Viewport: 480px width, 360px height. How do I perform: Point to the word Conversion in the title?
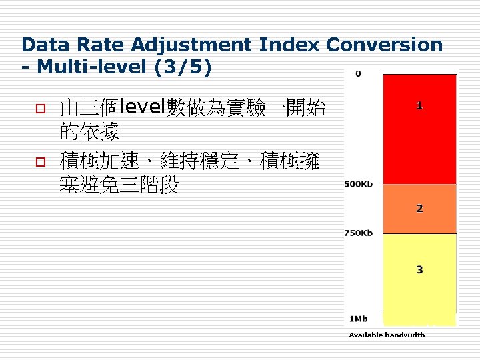384,45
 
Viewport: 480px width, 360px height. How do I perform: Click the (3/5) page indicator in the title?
184,67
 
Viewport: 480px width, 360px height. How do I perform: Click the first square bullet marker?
39,108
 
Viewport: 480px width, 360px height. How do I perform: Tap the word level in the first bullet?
142,107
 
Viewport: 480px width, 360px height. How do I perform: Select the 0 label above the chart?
358,73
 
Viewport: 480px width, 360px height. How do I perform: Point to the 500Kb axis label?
359,184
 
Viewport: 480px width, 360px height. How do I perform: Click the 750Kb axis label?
359,233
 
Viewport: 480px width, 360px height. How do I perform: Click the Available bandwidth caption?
387,335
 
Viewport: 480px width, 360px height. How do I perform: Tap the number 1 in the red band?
419,105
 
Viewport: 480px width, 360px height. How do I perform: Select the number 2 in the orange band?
419,209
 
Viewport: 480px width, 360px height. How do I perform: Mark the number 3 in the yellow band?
419,270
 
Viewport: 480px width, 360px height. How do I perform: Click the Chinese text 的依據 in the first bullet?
89,132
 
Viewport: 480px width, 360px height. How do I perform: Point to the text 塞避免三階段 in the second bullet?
119,185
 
